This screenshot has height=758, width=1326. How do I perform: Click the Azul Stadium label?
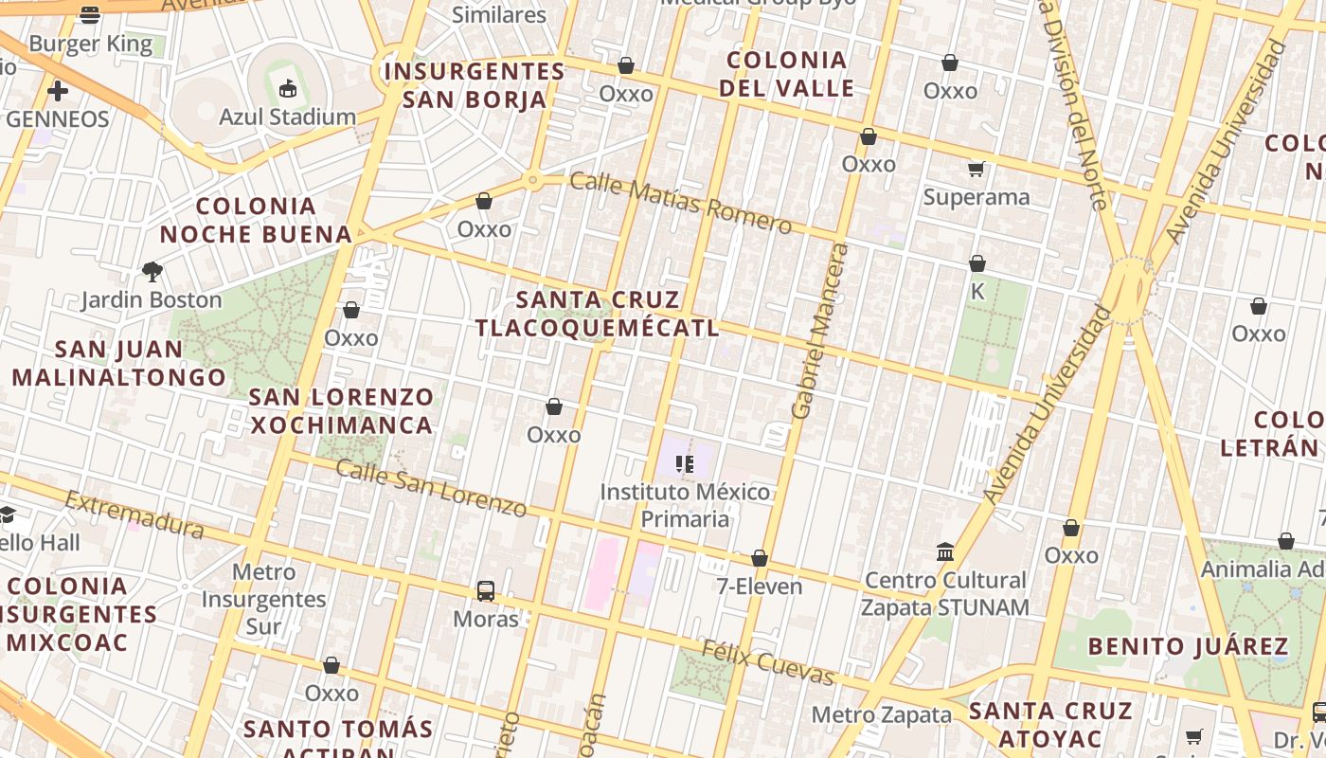(x=287, y=117)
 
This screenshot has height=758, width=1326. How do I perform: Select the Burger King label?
(x=90, y=44)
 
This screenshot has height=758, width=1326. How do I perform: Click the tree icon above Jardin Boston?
(x=152, y=273)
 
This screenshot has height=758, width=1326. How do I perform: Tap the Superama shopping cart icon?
(x=977, y=170)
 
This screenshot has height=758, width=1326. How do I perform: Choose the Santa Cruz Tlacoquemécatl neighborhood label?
(x=598, y=315)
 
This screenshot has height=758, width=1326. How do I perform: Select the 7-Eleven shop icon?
(x=760, y=559)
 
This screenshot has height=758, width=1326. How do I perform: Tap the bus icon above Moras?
(x=486, y=591)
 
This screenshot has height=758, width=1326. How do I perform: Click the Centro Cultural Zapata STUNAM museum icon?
(x=945, y=551)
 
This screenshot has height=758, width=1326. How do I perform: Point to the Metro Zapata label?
(x=881, y=714)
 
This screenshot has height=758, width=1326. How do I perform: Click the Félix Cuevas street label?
(x=767, y=661)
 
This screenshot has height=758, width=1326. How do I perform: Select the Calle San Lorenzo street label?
(x=431, y=487)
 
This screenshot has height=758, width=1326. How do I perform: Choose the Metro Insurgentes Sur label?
(x=263, y=599)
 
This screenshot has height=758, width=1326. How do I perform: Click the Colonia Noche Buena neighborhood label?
(x=256, y=220)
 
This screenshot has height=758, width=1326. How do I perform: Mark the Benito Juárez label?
(x=1188, y=647)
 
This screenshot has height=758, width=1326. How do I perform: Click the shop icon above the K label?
(x=977, y=263)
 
